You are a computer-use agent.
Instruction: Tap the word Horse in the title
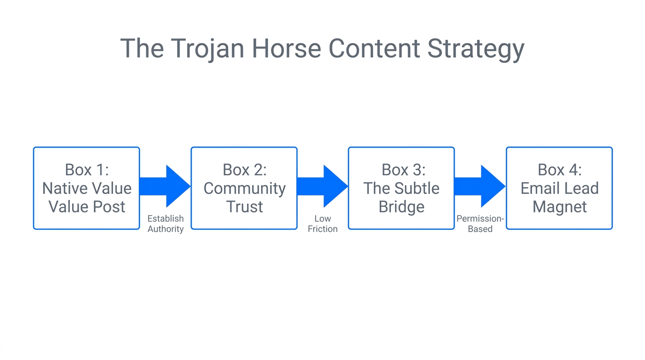pos(285,48)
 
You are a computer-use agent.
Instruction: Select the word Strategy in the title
pos(475,48)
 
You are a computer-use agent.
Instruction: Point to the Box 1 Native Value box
pos(87,188)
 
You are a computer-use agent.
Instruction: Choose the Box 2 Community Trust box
pos(244,188)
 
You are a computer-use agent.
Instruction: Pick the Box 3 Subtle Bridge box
pos(401,188)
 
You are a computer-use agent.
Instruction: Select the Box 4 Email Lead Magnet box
pos(559,188)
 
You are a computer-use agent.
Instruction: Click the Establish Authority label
pos(165,224)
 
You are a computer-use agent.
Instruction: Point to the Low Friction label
pos(322,224)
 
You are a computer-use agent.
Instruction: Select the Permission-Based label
pos(480,224)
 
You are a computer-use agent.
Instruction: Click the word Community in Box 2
pos(244,188)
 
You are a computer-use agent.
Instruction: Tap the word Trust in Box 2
pos(244,207)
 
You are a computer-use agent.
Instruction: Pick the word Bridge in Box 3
pos(401,207)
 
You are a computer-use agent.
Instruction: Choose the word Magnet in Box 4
pos(559,207)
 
